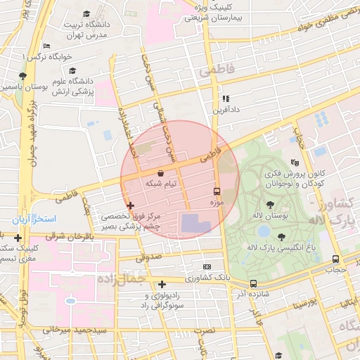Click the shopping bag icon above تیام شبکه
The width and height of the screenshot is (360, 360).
pyautogui.click(x=161, y=172)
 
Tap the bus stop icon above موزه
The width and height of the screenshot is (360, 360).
pyautogui.click(x=217, y=191)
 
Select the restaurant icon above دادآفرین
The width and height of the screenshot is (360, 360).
pyautogui.click(x=226, y=99)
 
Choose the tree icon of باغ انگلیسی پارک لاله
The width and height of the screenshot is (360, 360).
pyautogui.click(x=282, y=237)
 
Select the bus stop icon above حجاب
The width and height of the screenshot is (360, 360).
pyautogui.click(x=335, y=259)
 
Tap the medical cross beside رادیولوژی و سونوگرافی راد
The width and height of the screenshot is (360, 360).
pyautogui.click(x=162, y=284)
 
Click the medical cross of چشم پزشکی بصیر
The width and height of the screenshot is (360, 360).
pyautogui.click(x=129, y=205)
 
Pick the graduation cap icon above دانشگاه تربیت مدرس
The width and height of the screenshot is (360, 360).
pyautogui.click(x=86, y=13)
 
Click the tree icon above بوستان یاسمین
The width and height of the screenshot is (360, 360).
pyautogui.click(x=23, y=75)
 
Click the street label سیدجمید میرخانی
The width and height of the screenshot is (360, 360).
pyautogui.click(x=82, y=329)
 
